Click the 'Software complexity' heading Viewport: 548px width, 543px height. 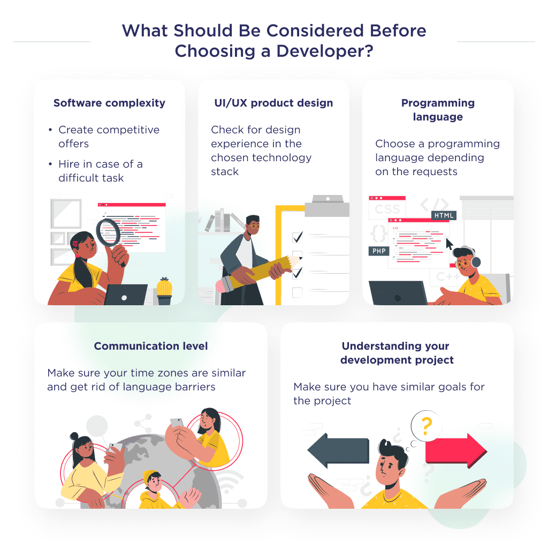click(x=109, y=103)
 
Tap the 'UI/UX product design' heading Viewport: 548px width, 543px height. click(x=273, y=103)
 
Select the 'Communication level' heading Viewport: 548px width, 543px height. click(x=151, y=346)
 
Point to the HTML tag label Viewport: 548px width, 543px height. click(x=444, y=215)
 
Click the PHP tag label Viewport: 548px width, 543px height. click(x=379, y=251)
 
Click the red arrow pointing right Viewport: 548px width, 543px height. click(x=456, y=451)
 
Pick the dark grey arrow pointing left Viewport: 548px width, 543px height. click(x=338, y=450)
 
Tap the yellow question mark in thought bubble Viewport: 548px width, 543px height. click(x=427, y=426)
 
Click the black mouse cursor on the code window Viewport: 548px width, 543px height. click(x=449, y=243)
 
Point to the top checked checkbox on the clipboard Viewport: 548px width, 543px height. click(x=298, y=237)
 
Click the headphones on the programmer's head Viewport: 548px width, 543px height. click(x=474, y=258)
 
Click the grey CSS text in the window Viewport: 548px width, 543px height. click(x=387, y=209)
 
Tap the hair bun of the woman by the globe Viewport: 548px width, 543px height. click(x=74, y=436)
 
